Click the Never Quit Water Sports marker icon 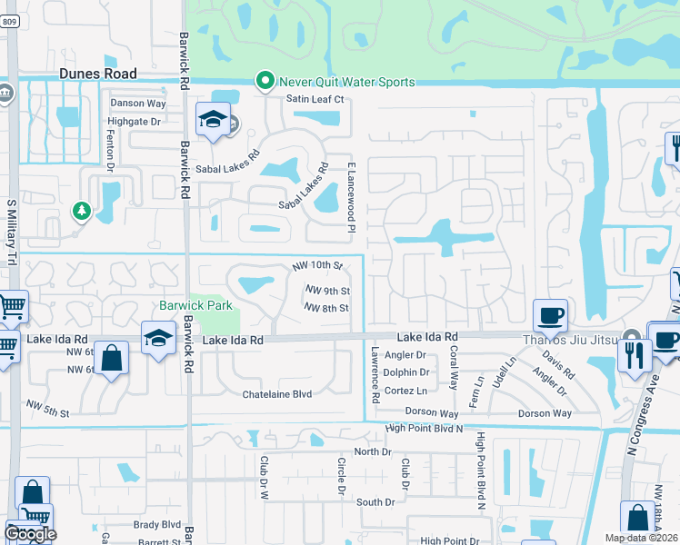265,82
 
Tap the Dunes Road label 97,74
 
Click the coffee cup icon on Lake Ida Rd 550,316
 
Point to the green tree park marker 82,211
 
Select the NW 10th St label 316,266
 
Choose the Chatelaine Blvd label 276,394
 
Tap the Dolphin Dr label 406,372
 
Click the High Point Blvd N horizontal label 424,428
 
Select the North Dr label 372,451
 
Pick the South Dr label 375,501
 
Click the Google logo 30,534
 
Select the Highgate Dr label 134,121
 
